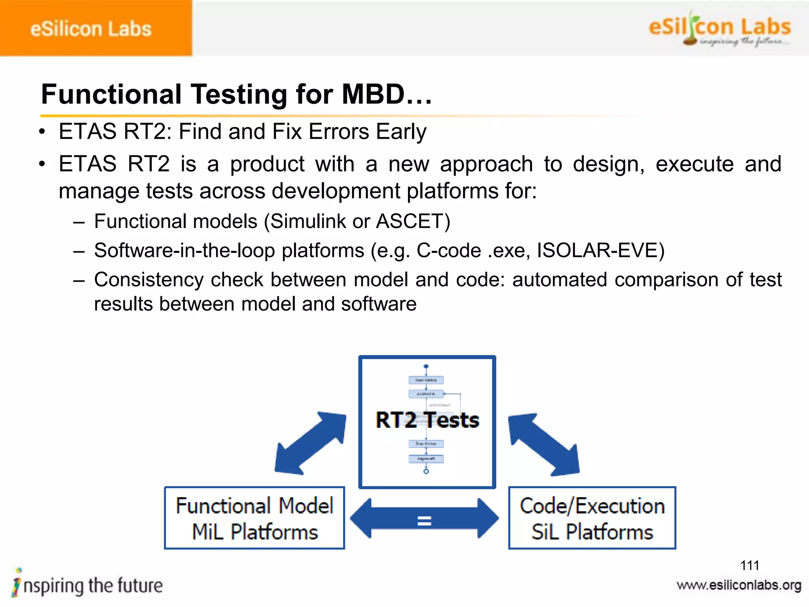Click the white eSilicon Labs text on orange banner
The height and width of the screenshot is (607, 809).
click(91, 29)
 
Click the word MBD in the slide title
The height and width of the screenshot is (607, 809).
click(373, 94)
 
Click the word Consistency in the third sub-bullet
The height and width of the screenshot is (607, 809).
click(149, 279)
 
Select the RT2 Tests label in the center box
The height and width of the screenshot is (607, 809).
click(427, 420)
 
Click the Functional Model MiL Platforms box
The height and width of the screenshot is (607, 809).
click(254, 518)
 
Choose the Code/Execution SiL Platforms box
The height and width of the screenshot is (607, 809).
click(592, 518)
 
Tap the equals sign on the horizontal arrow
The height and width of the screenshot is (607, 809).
click(424, 520)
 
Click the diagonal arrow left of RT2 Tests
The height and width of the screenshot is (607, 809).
click(310, 443)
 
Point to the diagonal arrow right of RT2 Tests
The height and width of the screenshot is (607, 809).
click(544, 444)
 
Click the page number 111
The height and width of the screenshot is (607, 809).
click(749, 565)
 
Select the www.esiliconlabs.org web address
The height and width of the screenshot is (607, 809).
click(739, 585)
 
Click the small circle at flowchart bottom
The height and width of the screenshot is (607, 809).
click(426, 471)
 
